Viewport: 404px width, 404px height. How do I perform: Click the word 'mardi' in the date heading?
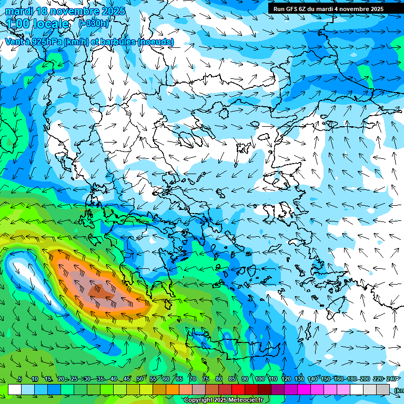(x=19, y=11)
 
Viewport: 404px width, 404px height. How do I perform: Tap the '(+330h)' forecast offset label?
(x=94, y=23)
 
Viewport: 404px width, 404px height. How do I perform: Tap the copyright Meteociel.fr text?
(x=223, y=400)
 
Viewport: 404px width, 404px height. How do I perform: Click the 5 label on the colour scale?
(x=19, y=379)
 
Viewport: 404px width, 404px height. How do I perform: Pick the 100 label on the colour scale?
(x=259, y=379)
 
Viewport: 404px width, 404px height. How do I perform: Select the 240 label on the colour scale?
(x=391, y=379)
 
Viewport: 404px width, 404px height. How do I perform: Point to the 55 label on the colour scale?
(x=153, y=379)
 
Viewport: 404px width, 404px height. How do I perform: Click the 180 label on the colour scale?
(x=352, y=379)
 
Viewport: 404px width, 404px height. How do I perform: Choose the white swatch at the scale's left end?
(x=15, y=389)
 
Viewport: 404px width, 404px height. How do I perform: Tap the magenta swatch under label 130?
(x=304, y=389)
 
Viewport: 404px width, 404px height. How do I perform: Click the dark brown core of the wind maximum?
(x=98, y=290)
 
